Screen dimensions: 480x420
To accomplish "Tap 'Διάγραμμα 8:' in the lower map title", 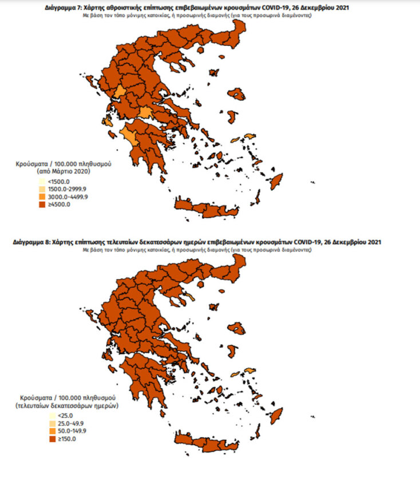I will pyautogui.click(x=31, y=243).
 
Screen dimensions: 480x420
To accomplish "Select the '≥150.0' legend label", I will pyautogui.click(x=49, y=438).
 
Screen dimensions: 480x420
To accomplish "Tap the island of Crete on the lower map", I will pyautogui.click(x=206, y=442).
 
